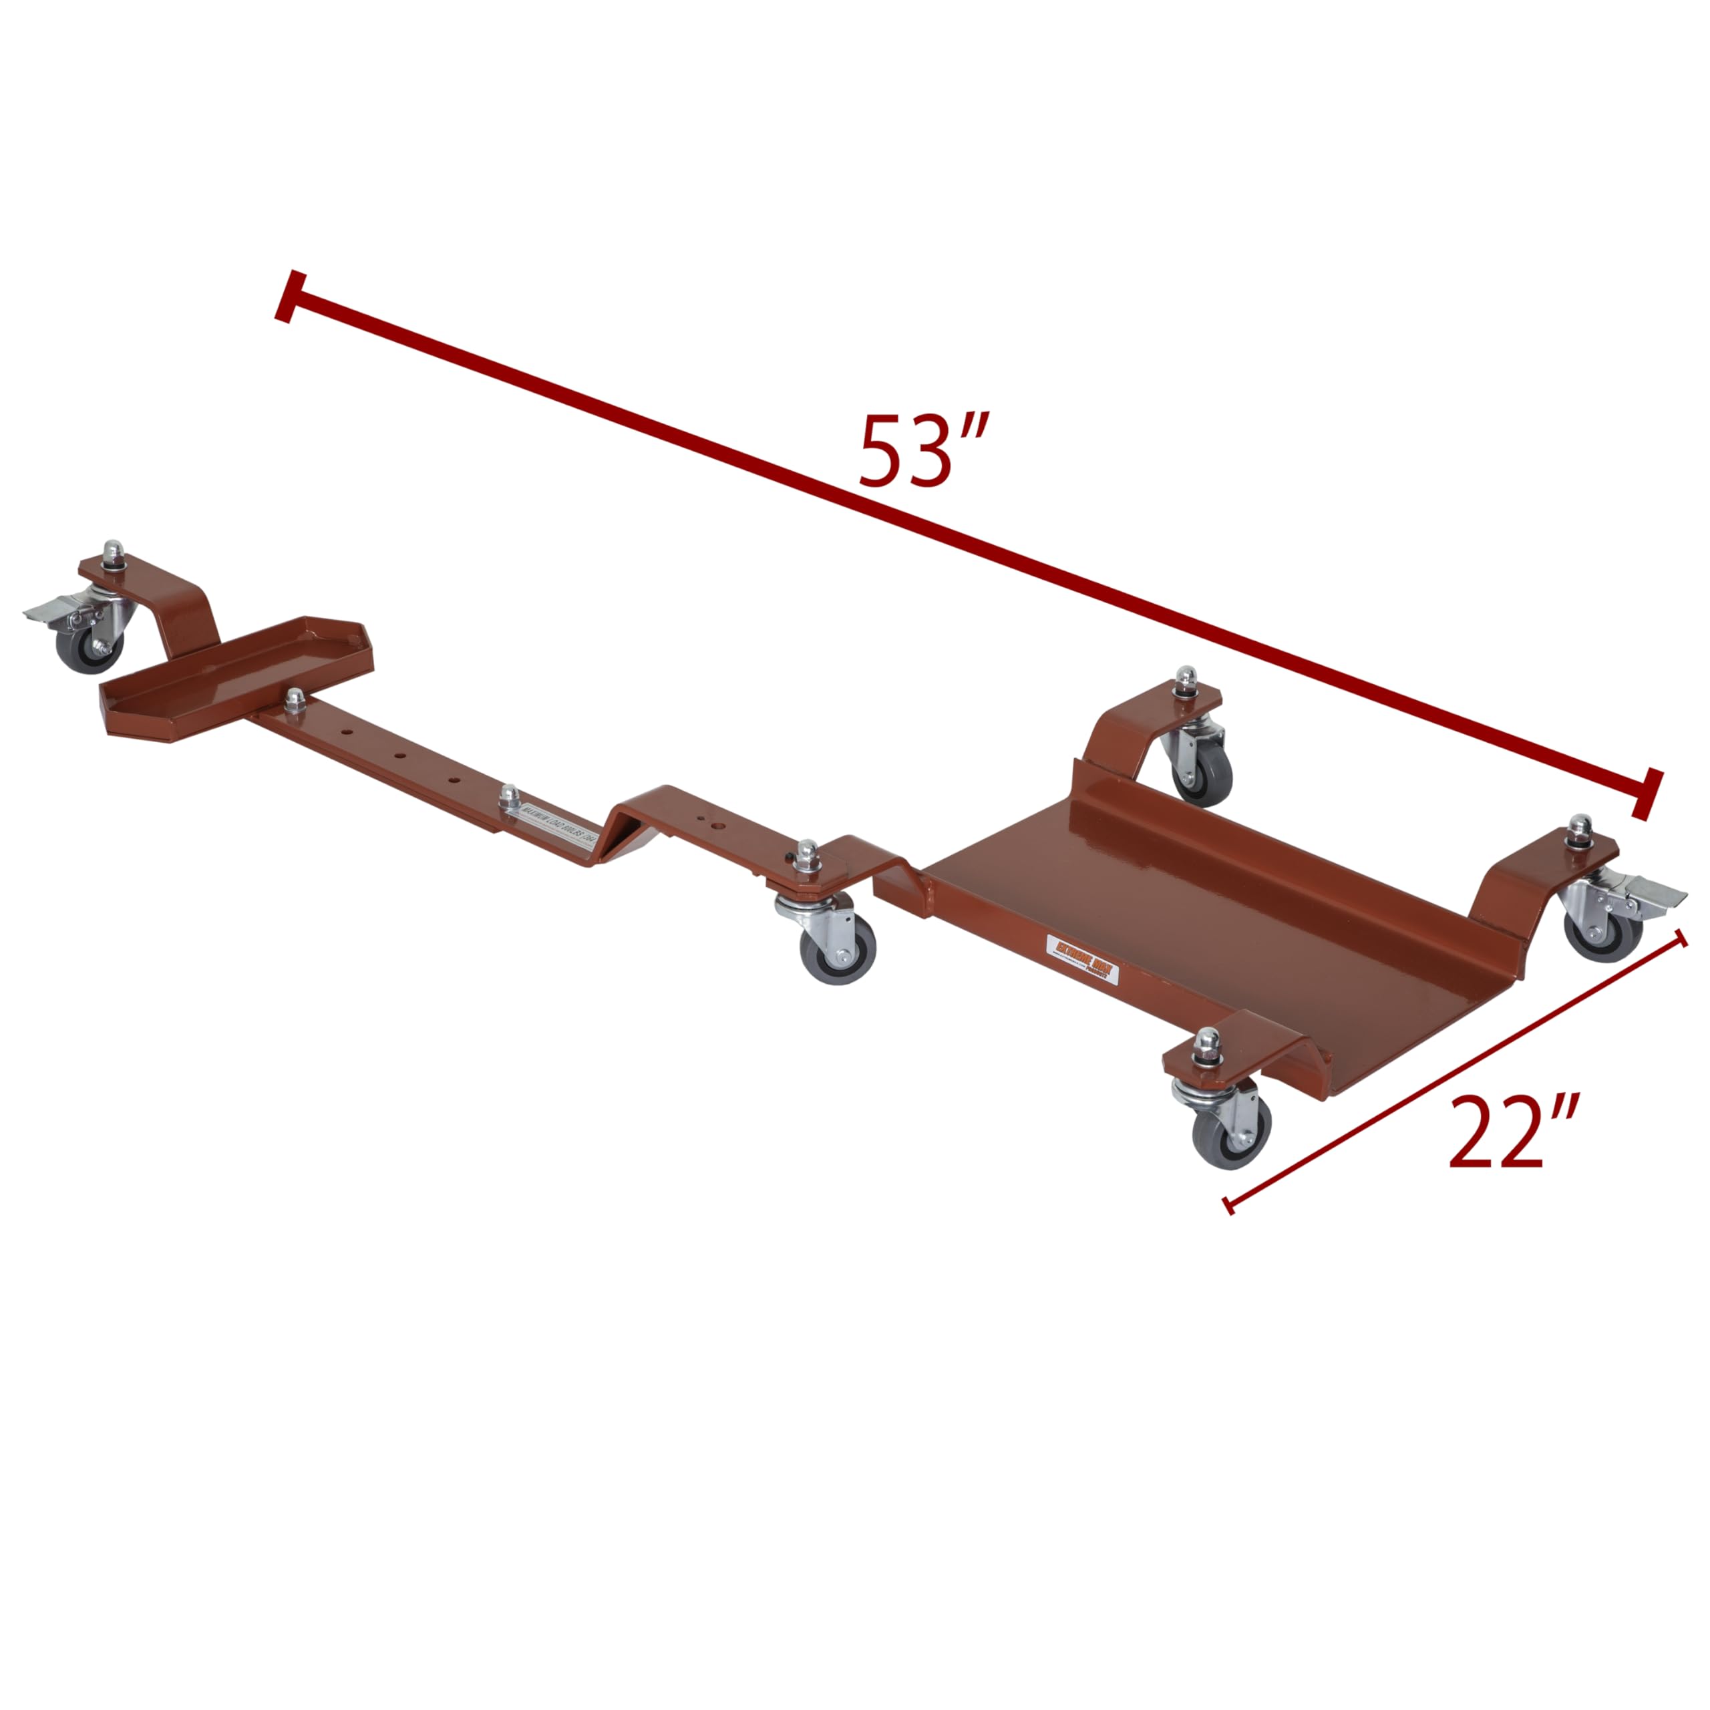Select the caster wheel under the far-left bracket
(x=86, y=649)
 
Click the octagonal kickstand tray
(x=234, y=677)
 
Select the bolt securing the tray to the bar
(x=295, y=699)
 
